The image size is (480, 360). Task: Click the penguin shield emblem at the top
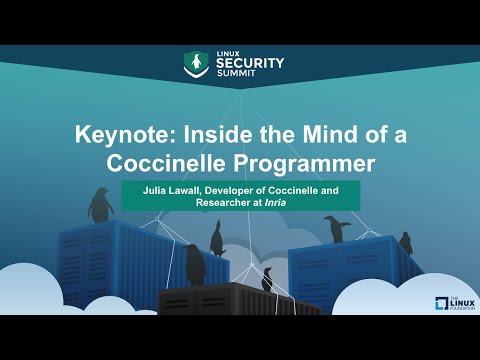197,63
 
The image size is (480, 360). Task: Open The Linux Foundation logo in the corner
447,304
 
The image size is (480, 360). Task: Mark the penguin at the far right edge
405,242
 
